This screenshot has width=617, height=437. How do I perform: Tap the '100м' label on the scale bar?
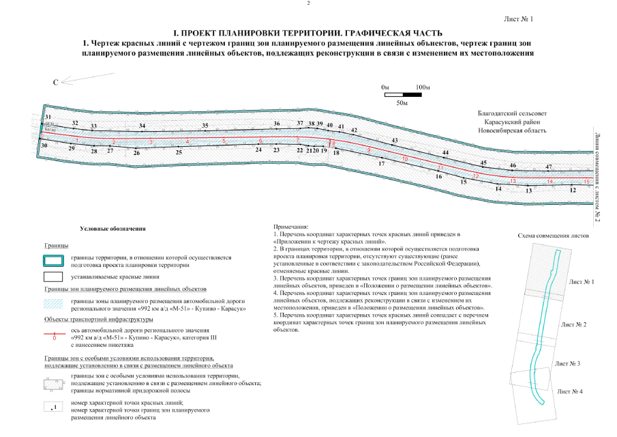pyautogui.click(x=422, y=88)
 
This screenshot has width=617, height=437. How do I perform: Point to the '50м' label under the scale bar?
pyautogui.click(x=402, y=102)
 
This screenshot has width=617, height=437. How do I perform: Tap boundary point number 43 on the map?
pyautogui.click(x=394, y=140)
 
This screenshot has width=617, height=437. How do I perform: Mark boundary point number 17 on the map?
pyautogui.click(x=382, y=164)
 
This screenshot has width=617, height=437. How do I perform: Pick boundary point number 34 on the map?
pyautogui.click(x=142, y=126)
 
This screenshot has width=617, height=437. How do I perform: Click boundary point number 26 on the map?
pyautogui.click(x=137, y=153)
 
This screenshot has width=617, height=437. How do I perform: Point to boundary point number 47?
pyautogui.click(x=548, y=167)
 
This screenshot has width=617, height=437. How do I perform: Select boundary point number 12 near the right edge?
pyautogui.click(x=573, y=191)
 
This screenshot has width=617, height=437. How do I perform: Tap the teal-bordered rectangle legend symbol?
pyautogui.click(x=54, y=260)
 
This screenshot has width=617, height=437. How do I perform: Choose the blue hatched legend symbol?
pyautogui.click(x=54, y=305)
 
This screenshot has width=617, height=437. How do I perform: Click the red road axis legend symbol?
pyautogui.click(x=54, y=333)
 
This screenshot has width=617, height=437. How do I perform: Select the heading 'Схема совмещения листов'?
pyautogui.click(x=552, y=234)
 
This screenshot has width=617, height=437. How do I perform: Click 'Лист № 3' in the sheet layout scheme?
pyautogui.click(x=567, y=364)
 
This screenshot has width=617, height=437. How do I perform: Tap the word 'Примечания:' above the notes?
pyautogui.click(x=290, y=226)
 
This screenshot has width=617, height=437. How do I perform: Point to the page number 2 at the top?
pyautogui.click(x=308, y=4)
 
